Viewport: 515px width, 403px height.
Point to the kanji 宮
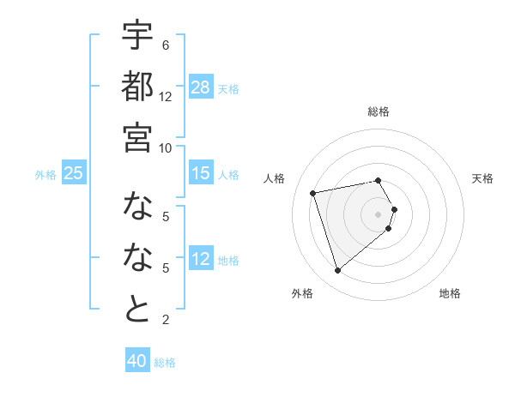pyautogui.click(x=137, y=137)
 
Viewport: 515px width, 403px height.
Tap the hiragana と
pyautogui.click(x=137, y=309)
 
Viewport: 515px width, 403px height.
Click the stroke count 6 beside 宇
pyautogui.click(x=165, y=45)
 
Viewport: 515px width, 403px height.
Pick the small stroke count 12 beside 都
pyautogui.click(x=166, y=96)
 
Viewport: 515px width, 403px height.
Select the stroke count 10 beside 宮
pyautogui.click(x=166, y=147)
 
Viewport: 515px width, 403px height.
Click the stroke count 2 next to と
pyautogui.click(x=165, y=320)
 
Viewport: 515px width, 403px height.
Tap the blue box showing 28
pyautogui.click(x=201, y=87)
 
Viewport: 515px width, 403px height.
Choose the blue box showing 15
pyautogui.click(x=201, y=173)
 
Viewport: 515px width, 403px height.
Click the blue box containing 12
pyautogui.click(x=201, y=259)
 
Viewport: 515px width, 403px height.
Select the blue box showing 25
pyautogui.click(x=74, y=173)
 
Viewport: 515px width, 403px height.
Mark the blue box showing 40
pyautogui.click(x=137, y=361)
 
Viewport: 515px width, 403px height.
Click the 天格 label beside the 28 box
pyautogui.click(x=228, y=88)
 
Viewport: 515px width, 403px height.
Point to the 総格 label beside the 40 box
pyautogui.click(x=165, y=363)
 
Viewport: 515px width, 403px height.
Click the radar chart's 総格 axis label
pyautogui.click(x=379, y=111)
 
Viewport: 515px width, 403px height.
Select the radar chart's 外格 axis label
pyautogui.click(x=302, y=293)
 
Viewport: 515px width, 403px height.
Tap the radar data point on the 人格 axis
pyautogui.click(x=313, y=193)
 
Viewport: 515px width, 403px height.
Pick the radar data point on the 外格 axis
pyautogui.click(x=338, y=271)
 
